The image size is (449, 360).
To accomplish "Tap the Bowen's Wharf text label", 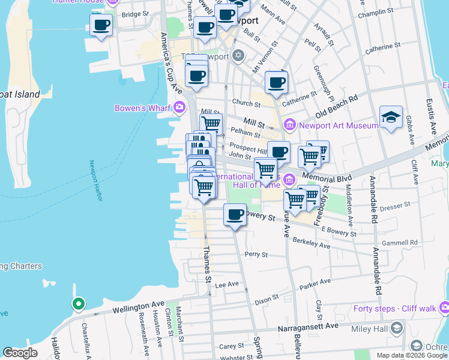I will coord(142,108).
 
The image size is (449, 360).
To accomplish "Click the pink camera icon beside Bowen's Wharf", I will coord(179,107).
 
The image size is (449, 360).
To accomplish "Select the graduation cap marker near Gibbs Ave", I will coord(391,118).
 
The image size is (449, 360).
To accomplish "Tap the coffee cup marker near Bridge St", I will coord(101,26).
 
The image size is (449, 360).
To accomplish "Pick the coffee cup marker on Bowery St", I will coord(235,215).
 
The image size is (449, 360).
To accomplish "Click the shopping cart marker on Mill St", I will coord(211,124).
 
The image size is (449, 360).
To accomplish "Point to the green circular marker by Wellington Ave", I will coord(77,304).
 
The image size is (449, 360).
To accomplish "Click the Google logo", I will coord(20,353).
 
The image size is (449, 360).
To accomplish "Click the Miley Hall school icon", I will coord(396,328).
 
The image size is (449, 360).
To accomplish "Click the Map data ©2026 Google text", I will coord(412,355).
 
